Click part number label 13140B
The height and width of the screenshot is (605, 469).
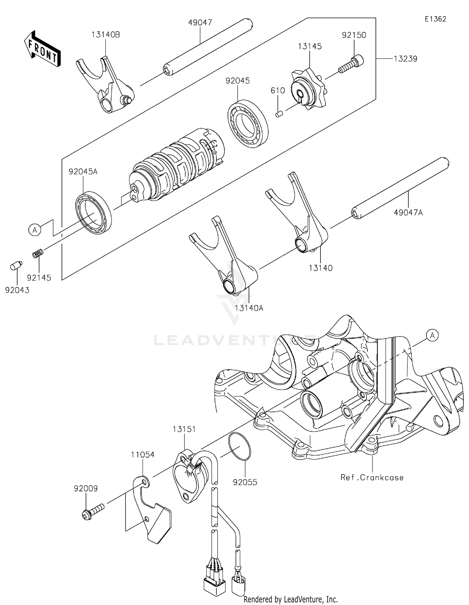106,35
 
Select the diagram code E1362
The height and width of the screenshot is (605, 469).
435,19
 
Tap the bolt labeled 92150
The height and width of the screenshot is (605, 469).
353,65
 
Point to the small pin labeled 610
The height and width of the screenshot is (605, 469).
279,114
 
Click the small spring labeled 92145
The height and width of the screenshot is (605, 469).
38,253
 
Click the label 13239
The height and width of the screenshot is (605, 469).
405,59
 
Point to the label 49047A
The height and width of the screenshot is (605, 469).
408,213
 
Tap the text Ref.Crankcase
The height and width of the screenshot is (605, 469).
372,477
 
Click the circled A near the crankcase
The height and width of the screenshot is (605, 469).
432,336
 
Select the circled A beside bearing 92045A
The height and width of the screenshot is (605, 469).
35,230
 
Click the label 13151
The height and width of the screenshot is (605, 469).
184,429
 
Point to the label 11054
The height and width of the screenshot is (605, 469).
143,455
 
